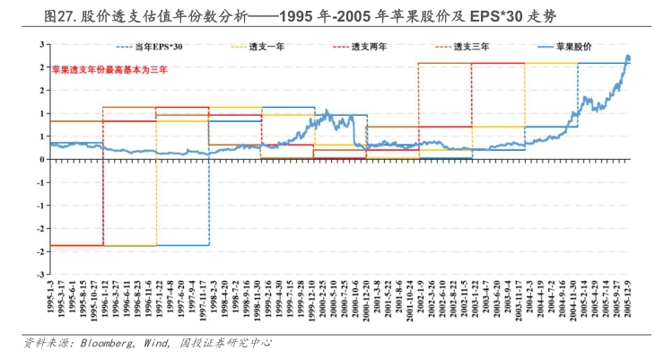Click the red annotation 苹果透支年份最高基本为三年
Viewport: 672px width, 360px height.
tap(109, 69)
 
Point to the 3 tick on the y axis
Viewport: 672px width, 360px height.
tap(42, 44)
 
